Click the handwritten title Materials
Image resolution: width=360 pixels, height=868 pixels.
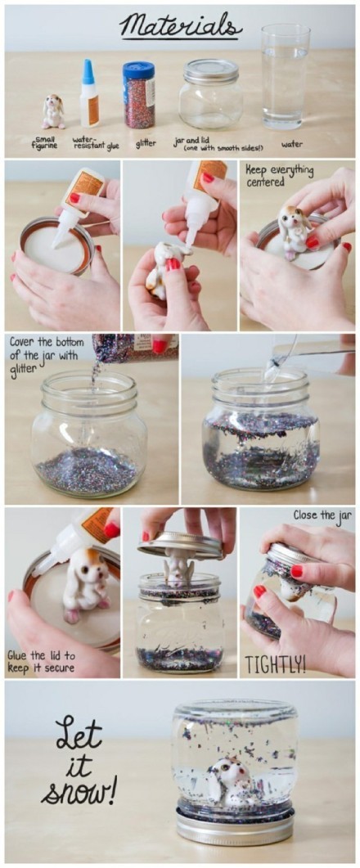tap(180, 25)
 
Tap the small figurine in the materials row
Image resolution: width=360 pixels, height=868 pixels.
tap(53, 111)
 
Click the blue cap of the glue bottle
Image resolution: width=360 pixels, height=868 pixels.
tap(88, 72)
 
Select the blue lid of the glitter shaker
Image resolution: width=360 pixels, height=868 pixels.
tap(138, 70)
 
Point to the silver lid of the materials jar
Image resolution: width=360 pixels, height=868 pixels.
tap(211, 71)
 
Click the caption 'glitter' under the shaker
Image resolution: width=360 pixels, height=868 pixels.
tap(146, 143)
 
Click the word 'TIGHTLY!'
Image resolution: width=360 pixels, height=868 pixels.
tap(275, 665)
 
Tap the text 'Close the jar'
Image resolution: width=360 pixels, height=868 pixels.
tap(323, 515)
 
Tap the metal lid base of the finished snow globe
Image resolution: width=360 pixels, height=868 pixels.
tap(235, 826)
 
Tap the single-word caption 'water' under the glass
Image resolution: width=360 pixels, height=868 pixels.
tap(292, 144)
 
